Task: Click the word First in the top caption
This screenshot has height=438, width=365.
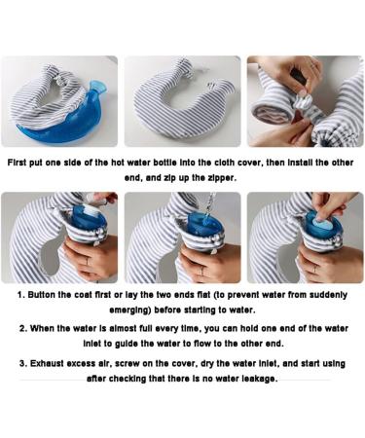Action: pos(18,163)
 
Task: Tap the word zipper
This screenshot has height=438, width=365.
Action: pos(219,178)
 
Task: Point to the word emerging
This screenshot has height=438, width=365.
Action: pos(130,310)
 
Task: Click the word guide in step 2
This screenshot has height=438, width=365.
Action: pos(127,344)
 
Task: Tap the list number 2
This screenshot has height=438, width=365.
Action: pos(23,328)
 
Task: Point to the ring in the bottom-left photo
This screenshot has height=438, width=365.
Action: pos(87,262)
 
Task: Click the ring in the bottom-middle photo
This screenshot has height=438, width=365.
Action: pos(201,271)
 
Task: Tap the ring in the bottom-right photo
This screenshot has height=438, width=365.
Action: pos(314,269)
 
